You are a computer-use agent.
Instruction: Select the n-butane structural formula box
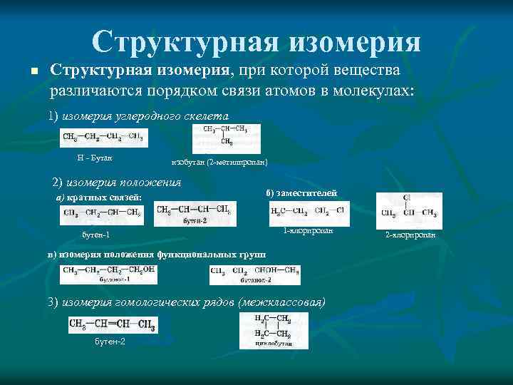pos(104,137)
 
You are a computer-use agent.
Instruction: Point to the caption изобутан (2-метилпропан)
pos(219,163)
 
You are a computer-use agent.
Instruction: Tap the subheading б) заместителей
pos(296,192)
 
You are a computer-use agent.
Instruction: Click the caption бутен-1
pos(96,235)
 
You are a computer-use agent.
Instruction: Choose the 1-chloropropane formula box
pos(309,212)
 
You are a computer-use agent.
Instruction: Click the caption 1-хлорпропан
pos(308,231)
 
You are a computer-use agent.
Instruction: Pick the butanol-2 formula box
pos(255,274)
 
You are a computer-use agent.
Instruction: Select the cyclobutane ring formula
pos(274,330)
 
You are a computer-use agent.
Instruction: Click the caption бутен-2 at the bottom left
pos(110,342)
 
